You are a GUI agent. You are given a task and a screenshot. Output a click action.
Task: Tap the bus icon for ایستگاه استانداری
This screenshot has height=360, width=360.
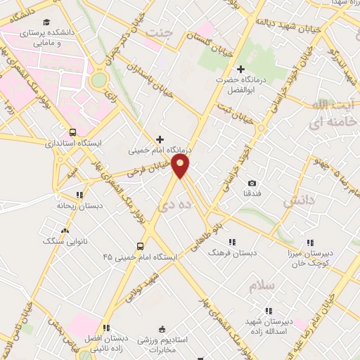72,131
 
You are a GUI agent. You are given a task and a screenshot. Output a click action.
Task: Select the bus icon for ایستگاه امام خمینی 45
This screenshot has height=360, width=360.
140,246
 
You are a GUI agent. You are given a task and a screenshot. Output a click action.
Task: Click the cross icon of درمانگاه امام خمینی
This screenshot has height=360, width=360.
161,139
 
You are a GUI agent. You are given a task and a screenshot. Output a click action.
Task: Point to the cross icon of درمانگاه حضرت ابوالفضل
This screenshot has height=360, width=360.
241,69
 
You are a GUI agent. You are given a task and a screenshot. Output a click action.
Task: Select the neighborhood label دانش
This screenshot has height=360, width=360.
297,202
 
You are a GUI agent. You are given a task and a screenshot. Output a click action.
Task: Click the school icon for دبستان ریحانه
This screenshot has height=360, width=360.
79,195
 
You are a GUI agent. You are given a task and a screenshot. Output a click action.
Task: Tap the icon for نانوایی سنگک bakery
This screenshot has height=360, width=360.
65,230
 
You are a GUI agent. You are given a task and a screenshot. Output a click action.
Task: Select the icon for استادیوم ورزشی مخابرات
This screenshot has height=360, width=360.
162,328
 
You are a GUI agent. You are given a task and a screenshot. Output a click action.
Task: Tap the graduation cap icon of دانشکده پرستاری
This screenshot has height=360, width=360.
46,22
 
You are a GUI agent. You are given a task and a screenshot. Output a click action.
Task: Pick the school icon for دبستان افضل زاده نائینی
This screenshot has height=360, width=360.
106,328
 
